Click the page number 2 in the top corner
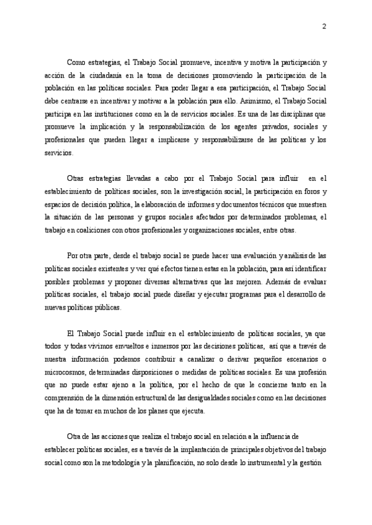324,27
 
